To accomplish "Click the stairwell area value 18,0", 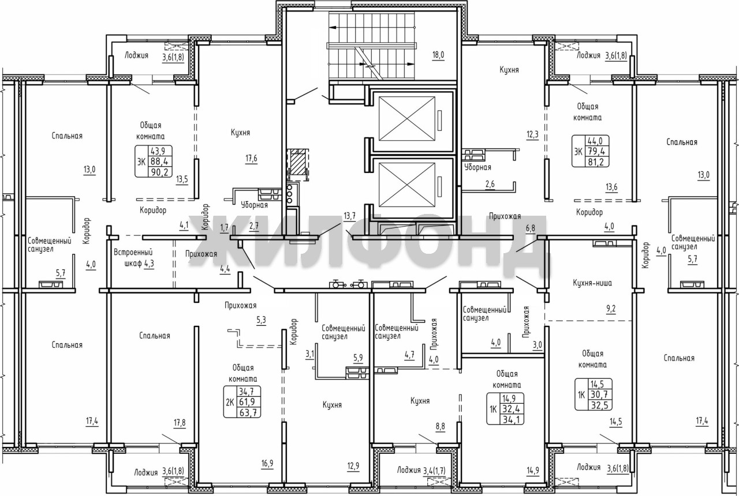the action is coord(438,55).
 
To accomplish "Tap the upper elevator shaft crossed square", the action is coord(406,119).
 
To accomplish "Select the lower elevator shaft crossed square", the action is coord(406,185).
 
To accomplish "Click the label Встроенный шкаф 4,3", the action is coord(133,258).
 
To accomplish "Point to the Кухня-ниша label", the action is coord(592,283).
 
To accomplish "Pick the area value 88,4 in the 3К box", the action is coord(159,161).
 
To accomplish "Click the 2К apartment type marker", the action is coord(230,403).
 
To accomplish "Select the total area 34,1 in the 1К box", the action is coord(511,419).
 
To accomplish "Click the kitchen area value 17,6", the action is coord(251,159).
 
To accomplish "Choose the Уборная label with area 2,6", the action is coord(477,167).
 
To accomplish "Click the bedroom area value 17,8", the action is coord(180,423).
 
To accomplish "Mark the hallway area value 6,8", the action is coord(530,228).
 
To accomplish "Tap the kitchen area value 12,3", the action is coord(532,134).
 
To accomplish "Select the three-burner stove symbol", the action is coord(290,194).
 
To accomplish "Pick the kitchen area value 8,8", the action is coord(440,426).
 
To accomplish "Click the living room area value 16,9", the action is coord(267,463).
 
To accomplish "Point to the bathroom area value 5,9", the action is coord(358,357).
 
